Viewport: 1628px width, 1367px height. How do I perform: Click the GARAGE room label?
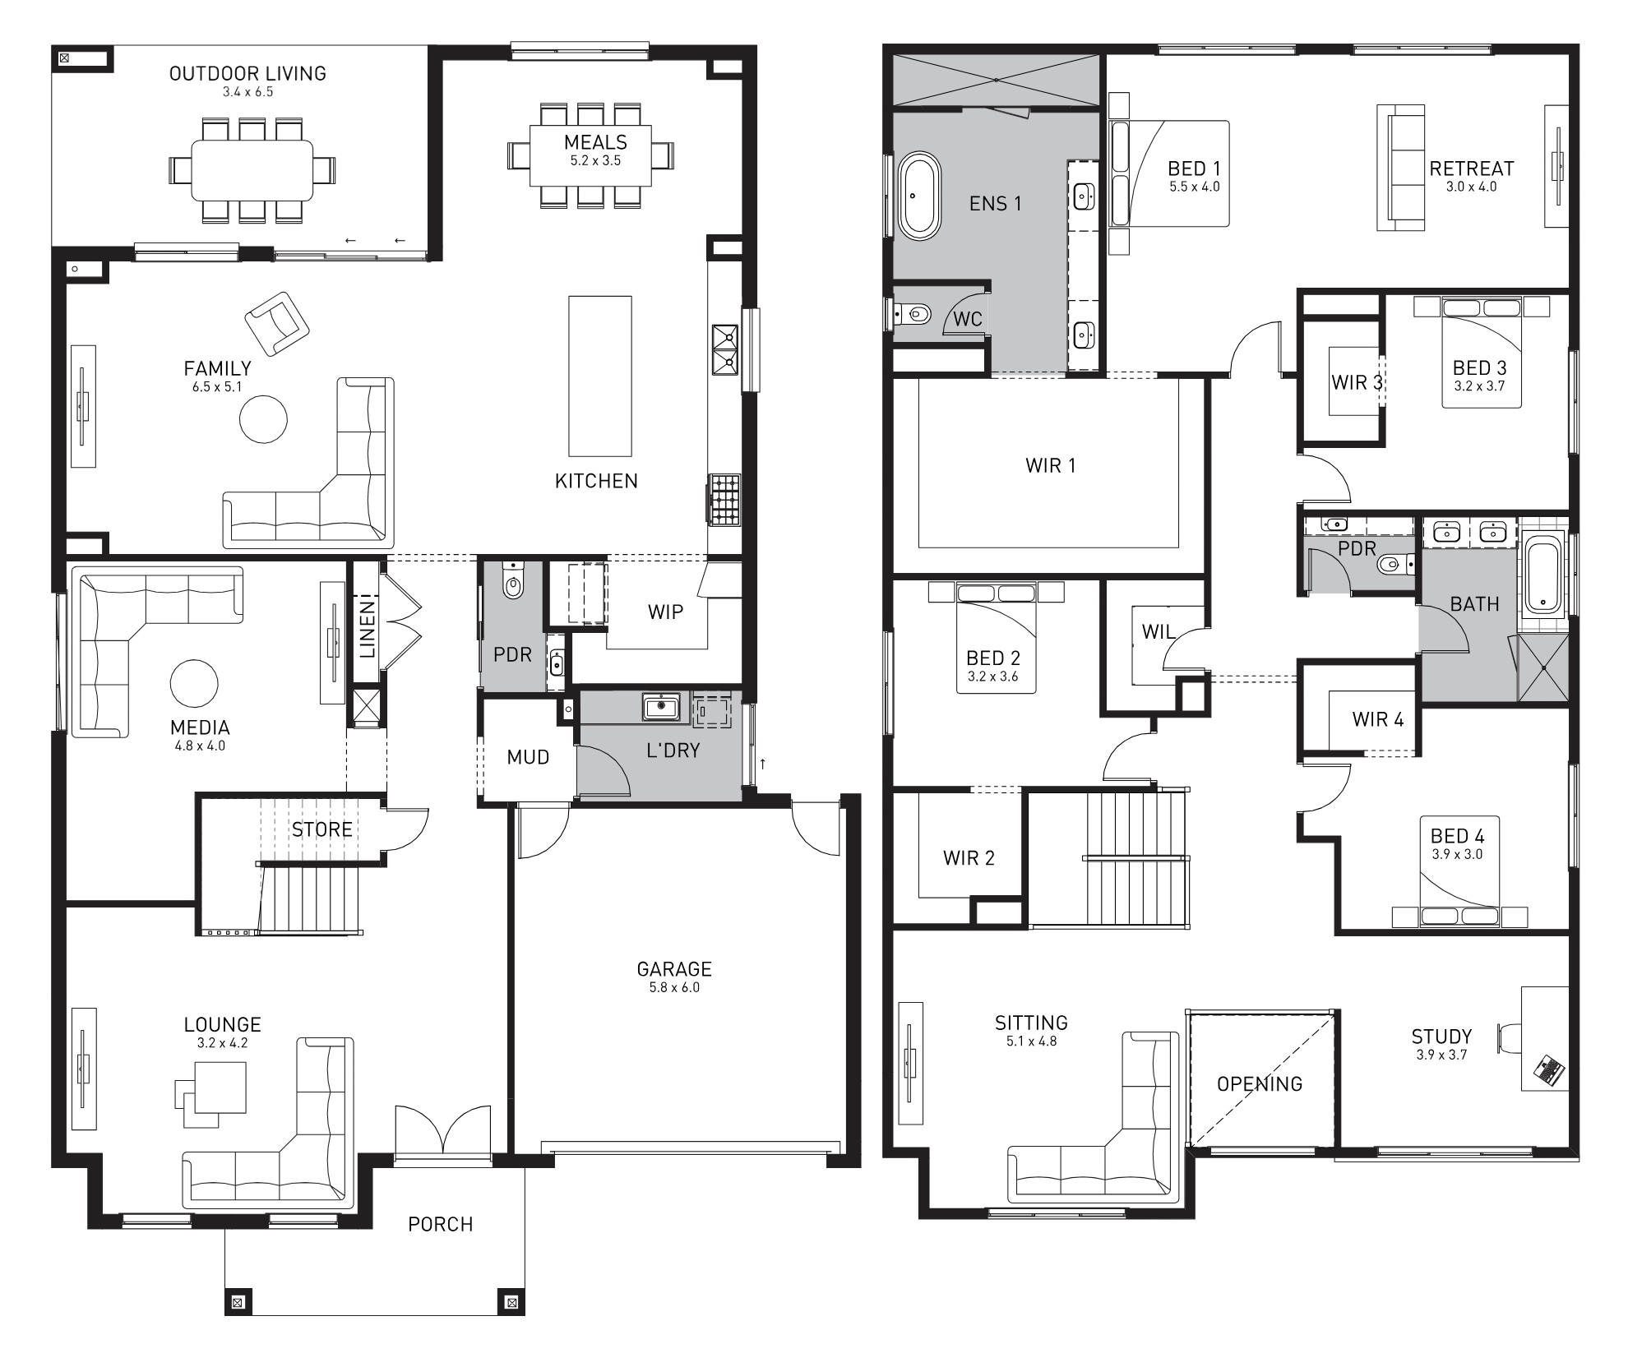point(673,969)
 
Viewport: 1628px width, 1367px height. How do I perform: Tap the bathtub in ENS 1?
point(918,196)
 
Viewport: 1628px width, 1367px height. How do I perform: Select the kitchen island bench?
point(600,376)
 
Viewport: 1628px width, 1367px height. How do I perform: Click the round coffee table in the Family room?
point(263,419)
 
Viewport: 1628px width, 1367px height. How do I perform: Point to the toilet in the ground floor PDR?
point(512,585)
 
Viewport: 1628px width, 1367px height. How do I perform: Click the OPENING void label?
point(1259,1083)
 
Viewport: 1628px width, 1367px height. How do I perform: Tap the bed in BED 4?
point(1459,871)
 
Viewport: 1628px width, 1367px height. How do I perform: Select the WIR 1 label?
point(1050,466)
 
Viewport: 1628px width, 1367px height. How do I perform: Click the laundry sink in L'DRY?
point(660,707)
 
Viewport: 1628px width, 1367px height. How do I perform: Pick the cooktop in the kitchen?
point(725,499)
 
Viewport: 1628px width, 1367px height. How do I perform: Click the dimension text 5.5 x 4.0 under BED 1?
point(1194,187)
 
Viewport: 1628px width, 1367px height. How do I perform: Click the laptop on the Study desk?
point(1549,1071)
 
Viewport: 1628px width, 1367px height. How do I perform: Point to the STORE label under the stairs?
point(321,829)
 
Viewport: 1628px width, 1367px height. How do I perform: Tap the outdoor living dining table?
point(252,170)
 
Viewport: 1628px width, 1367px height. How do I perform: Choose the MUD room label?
point(527,757)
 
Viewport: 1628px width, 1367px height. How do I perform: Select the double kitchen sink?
point(724,349)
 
